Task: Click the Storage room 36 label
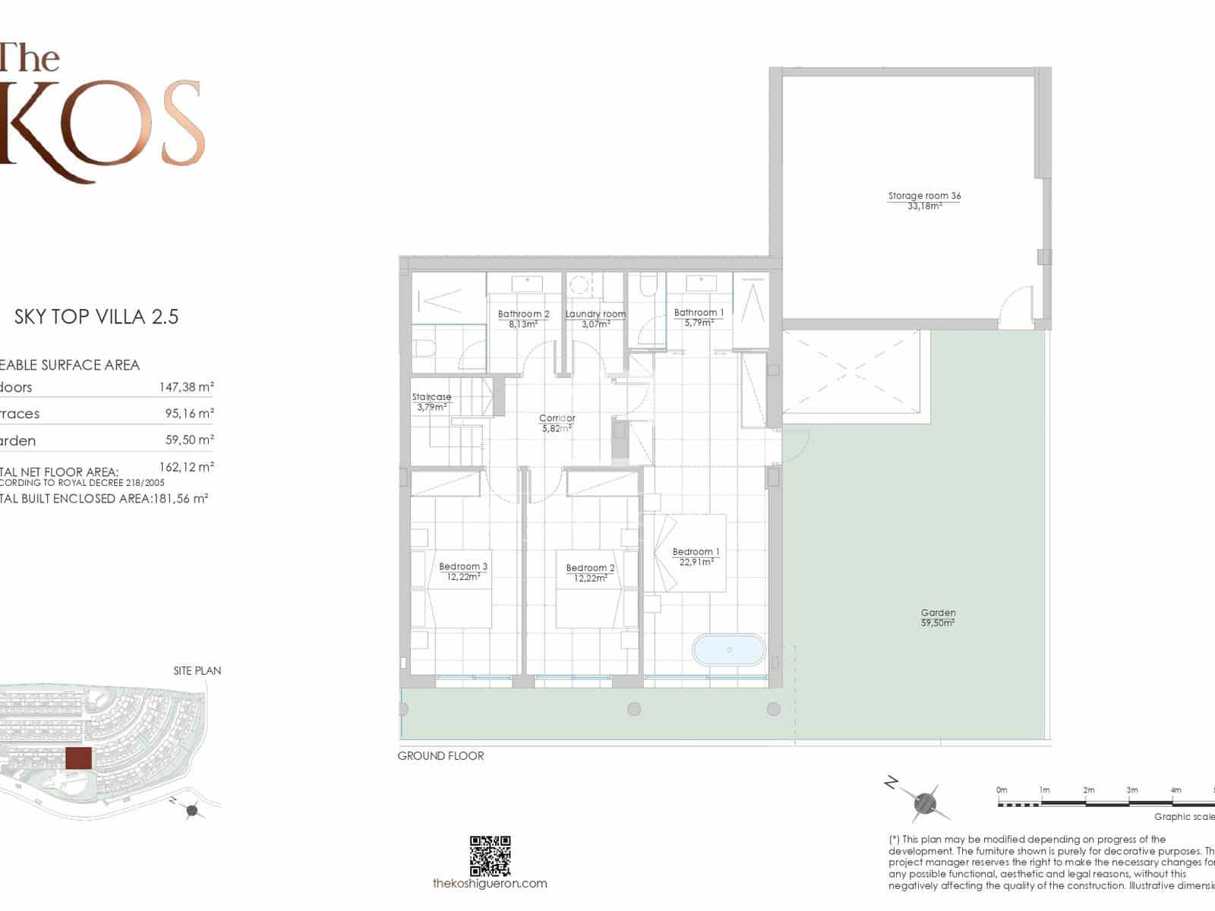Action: point(924,196)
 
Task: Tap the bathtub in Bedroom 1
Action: point(729,650)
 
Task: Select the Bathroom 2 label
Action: point(523,314)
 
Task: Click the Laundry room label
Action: point(595,314)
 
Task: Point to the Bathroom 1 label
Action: point(699,313)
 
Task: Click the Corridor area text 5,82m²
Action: point(557,428)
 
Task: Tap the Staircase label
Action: point(431,397)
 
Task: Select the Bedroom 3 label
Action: point(463,566)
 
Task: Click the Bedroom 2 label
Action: point(590,568)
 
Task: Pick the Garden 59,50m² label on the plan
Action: point(938,617)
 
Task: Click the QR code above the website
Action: point(490,856)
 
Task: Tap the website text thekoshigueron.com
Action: point(490,883)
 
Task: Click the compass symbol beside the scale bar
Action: point(925,802)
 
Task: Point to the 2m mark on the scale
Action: point(1088,791)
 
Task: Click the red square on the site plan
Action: point(78,758)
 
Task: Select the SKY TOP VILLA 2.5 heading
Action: point(96,317)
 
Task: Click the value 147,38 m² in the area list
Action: point(186,387)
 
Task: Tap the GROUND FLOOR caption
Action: point(440,755)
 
